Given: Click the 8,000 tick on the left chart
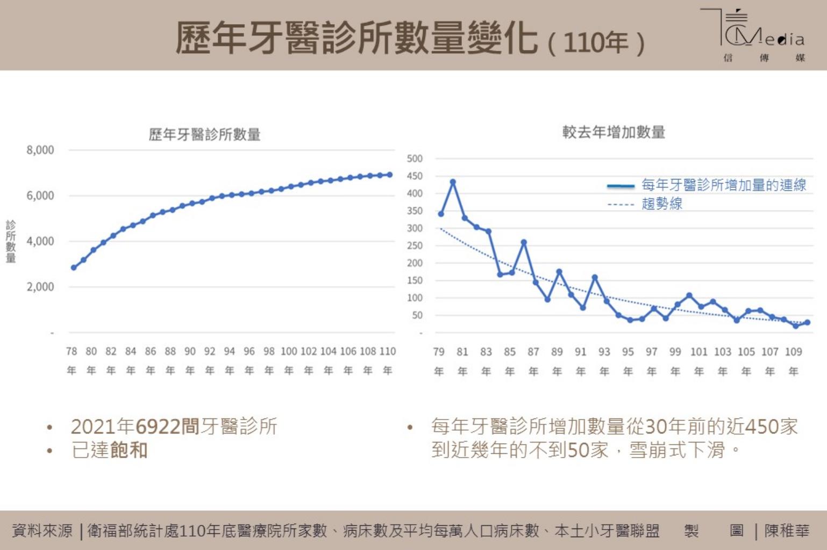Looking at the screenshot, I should (40, 150).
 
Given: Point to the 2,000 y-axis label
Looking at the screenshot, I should (40, 287).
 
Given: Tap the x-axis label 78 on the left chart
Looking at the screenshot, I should (72, 351).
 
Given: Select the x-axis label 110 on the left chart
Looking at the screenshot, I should (388, 351).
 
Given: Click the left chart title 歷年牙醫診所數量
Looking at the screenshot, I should (204, 134).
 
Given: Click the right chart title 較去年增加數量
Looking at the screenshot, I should (614, 132).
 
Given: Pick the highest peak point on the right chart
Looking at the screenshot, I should (453, 182).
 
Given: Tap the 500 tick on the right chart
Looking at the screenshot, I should (415, 158).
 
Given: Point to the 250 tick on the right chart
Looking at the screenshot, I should (415, 245).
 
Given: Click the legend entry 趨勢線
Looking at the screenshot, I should (662, 204).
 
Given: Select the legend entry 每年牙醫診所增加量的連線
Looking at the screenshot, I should (724, 185).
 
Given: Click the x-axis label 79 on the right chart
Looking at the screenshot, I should (439, 352).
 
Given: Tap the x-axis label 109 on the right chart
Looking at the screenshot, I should (793, 352).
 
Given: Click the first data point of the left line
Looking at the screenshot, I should (74, 267).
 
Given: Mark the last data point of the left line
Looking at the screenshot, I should (390, 175).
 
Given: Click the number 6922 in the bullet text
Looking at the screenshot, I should (158, 426).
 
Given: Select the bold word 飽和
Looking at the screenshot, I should (129, 450).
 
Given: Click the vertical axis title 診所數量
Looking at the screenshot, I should (11, 241).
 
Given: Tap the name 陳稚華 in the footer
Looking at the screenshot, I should (787, 531).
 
